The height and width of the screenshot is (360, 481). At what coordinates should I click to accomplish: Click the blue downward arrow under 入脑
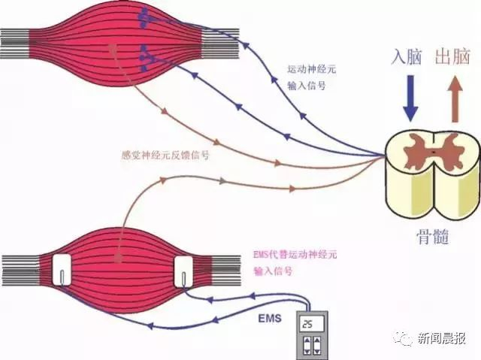click(410, 98)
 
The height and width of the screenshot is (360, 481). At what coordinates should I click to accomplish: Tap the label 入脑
click(406, 56)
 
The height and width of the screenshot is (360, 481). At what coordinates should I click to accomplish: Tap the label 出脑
click(452, 56)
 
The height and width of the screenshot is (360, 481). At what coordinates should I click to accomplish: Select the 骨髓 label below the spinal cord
click(433, 237)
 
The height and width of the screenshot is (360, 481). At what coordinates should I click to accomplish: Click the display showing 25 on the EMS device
click(312, 323)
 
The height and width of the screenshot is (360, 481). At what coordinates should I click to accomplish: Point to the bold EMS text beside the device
click(270, 319)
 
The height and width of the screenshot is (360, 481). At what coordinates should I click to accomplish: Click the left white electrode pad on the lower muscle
click(62, 270)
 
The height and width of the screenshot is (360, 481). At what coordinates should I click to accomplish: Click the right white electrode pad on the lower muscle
click(183, 272)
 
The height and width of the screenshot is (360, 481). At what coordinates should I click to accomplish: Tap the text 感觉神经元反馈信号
click(165, 156)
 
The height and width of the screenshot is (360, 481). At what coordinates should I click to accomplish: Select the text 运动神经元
click(312, 69)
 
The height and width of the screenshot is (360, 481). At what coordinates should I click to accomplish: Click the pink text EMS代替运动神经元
click(295, 255)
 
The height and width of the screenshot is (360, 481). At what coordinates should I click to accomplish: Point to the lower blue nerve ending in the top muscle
click(146, 58)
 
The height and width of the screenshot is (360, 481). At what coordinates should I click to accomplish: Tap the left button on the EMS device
click(307, 346)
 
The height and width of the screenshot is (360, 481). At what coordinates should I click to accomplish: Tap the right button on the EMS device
click(317, 346)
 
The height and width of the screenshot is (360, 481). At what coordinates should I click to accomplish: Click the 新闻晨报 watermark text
click(441, 338)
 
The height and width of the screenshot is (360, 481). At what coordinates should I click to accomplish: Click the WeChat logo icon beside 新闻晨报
click(403, 338)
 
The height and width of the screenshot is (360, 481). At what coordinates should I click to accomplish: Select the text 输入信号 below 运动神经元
click(307, 86)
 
